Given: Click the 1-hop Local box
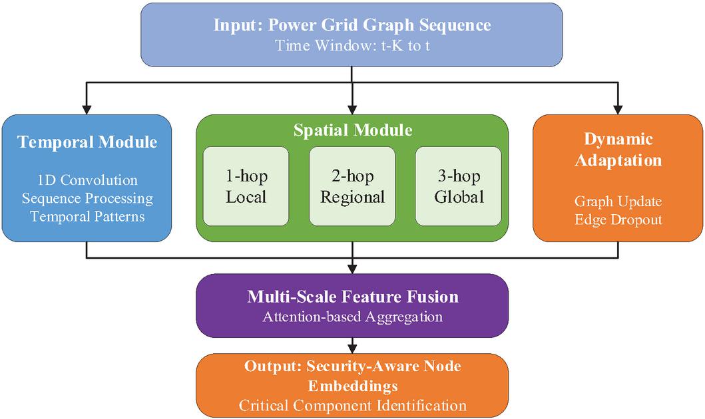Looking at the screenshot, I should pos(246,186).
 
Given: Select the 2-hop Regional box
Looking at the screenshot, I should pos(352,186).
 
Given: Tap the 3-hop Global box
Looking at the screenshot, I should pos(459,186).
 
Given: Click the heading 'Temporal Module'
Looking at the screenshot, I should pos(87,142).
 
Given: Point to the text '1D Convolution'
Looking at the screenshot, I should pos(87,180).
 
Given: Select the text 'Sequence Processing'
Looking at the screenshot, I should pos(87,198).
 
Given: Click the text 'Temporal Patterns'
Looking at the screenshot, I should pos(87,216).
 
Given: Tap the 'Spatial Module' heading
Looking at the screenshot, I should pos(352,130).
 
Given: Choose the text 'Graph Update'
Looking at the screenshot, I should pos(618,201).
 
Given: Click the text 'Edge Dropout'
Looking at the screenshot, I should pos(618,219).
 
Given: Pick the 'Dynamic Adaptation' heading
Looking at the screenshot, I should pos(618,150).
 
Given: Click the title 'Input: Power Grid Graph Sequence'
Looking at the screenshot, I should pos(352,25).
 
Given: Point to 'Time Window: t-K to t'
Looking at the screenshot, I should pos(352,46).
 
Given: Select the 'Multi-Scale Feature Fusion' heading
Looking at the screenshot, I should pos(352,296).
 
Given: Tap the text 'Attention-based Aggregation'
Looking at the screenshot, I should pos(352,317).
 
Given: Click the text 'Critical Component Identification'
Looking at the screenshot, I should pos(352,405).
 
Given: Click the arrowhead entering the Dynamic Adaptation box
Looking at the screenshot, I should pos(618,109).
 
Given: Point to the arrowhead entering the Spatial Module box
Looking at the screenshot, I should pos(352,109).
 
